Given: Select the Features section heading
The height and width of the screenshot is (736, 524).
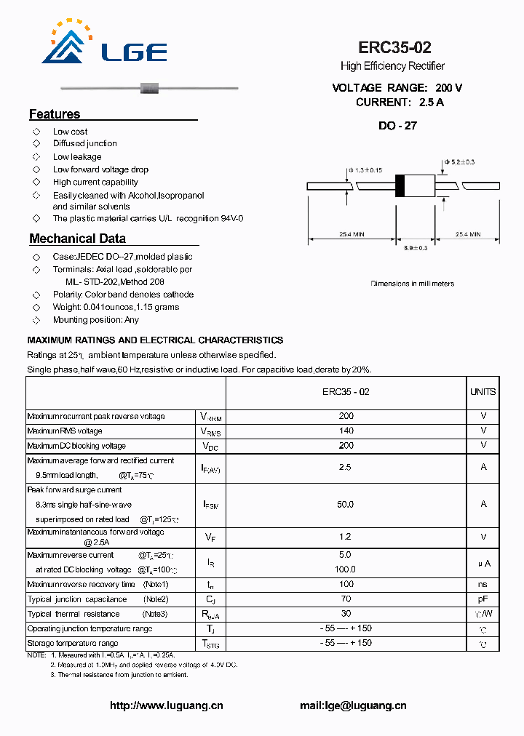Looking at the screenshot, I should tap(55, 114).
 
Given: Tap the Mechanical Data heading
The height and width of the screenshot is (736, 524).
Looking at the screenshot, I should tap(77, 239).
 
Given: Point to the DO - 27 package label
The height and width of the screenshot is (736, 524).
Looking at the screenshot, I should tap(397, 125).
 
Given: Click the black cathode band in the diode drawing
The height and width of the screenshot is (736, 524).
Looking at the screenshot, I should tap(400, 186).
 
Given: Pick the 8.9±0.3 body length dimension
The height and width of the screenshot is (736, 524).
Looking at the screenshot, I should tap(415, 249).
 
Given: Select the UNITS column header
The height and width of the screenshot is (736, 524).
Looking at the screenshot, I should tap(483, 391).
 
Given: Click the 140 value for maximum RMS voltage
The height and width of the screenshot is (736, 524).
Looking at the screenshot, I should tap(346, 431).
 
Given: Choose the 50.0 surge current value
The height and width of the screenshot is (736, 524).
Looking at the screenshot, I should tap(346, 504).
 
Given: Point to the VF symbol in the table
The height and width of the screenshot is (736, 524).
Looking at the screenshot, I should tap(210, 537).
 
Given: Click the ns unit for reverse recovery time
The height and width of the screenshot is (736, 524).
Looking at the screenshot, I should tap(483, 584).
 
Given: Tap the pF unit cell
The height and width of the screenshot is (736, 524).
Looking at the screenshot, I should tap(483, 599).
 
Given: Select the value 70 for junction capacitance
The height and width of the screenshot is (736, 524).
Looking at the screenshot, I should tap(346, 599).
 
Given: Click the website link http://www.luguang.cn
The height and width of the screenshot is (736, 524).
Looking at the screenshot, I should tap(166, 705).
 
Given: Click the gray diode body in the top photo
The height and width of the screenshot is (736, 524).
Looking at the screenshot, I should tap(150, 89).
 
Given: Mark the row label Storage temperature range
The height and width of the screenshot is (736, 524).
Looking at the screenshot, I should tap(72, 644).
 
